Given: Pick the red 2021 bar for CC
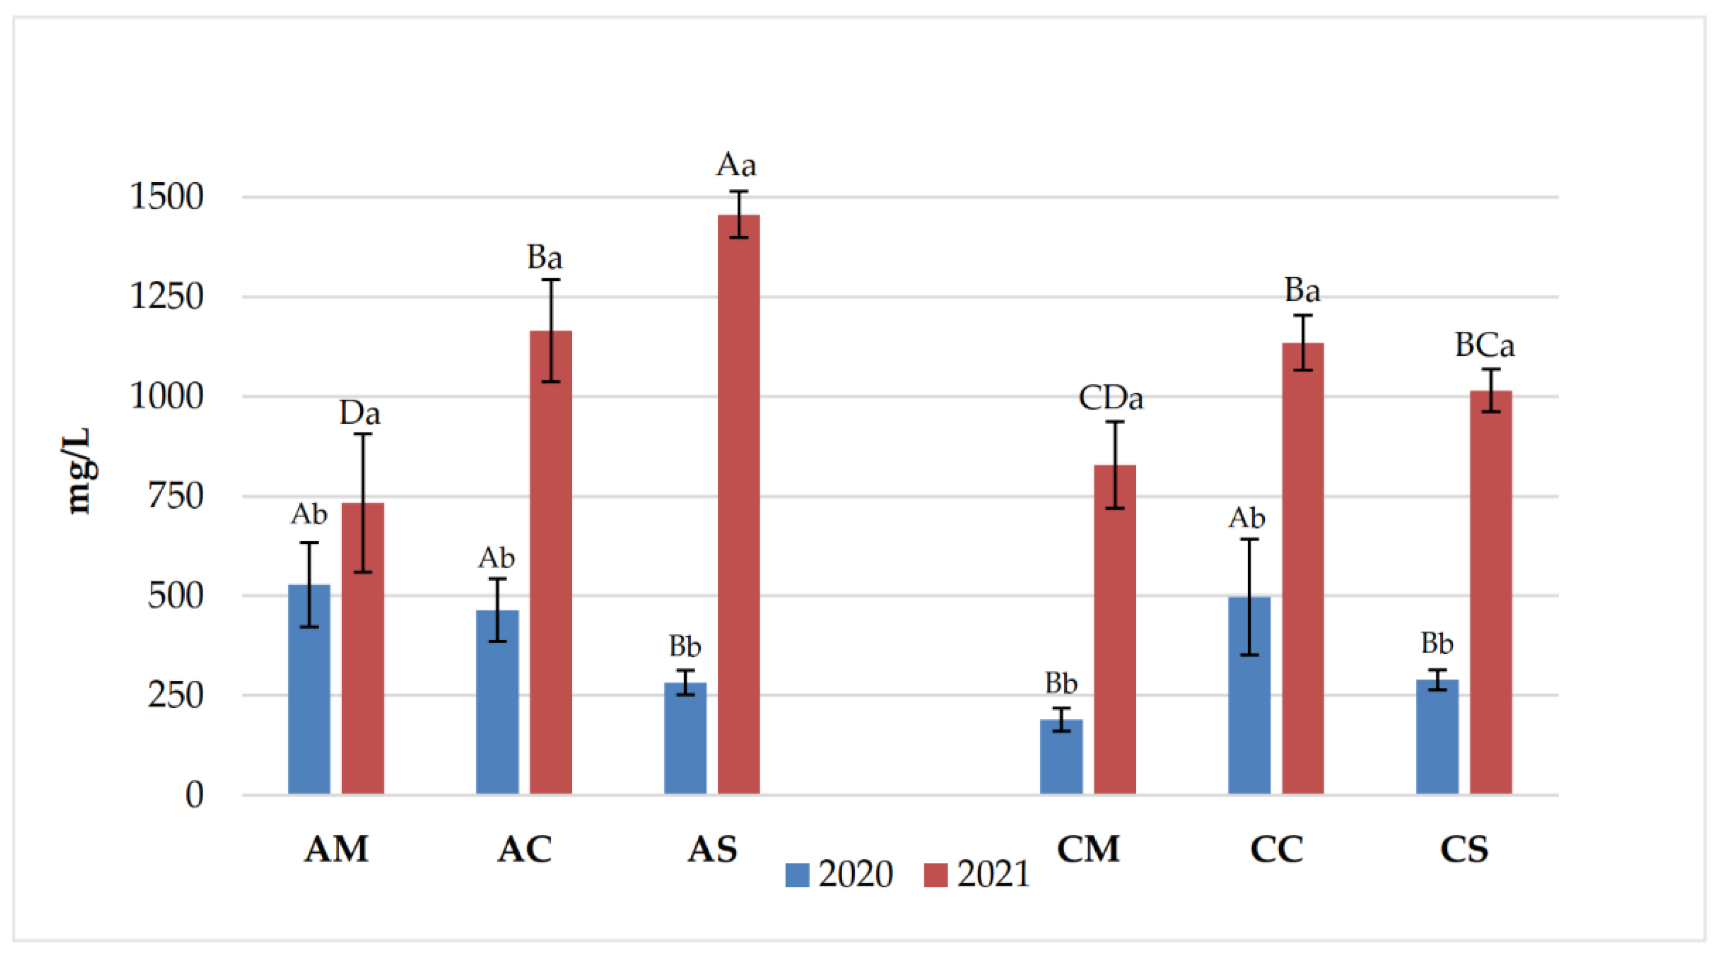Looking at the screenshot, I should pos(1303,568).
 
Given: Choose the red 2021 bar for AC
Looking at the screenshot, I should pos(551,562).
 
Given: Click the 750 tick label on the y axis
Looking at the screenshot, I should pos(175,496).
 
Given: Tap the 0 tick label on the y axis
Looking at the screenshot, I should pos(194,795).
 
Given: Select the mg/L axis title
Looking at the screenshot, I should pos(79,471).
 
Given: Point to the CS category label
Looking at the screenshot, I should pos(1464,849).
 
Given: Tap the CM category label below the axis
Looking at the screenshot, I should pos(1088,849).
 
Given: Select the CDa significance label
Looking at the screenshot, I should pos(1110,398).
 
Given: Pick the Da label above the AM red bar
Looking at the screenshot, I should pos(360,413).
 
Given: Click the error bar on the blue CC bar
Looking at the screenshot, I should pos(1249,596).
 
